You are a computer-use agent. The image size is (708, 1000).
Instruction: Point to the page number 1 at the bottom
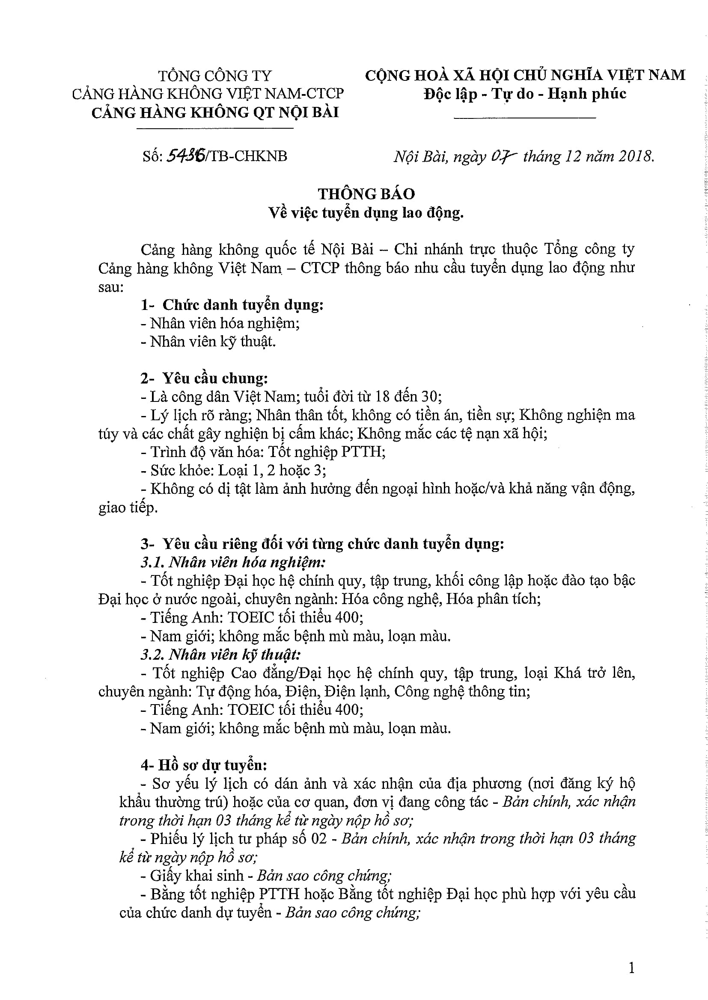point(632,968)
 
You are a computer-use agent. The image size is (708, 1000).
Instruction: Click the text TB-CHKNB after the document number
point(249,156)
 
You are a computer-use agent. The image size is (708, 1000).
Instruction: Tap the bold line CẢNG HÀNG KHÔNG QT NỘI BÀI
point(215,113)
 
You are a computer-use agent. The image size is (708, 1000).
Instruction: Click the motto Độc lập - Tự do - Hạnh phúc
point(525,94)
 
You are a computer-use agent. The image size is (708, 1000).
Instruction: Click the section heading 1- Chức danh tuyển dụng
point(232,305)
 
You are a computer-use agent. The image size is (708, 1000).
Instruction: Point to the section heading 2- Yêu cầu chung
point(204,378)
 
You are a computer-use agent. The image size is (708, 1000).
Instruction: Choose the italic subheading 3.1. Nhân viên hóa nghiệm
point(233,562)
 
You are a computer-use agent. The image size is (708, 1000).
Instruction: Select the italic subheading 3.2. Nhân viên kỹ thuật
point(220,655)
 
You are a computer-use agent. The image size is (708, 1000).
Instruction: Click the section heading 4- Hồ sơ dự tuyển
point(204,765)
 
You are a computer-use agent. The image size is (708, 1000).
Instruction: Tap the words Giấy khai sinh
point(196,876)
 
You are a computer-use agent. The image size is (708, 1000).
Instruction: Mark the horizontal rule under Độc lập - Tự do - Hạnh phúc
point(525,118)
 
